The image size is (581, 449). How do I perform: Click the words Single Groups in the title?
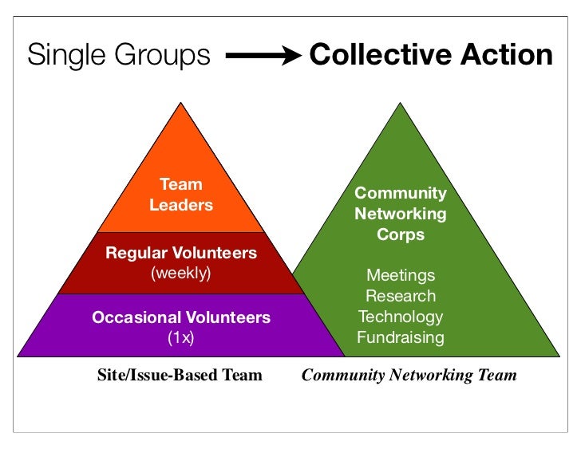(x=119, y=56)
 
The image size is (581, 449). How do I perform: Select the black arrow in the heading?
(x=263, y=56)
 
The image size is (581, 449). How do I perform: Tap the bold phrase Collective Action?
(x=430, y=55)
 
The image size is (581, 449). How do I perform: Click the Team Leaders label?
(x=181, y=195)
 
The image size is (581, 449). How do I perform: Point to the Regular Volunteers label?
(x=181, y=254)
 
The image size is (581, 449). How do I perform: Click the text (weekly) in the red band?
(x=181, y=274)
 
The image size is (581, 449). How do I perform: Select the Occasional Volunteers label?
(x=181, y=317)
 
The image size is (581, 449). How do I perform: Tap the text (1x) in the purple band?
(x=181, y=337)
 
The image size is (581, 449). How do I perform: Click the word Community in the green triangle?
(x=401, y=193)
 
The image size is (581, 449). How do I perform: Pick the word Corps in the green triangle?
(x=401, y=235)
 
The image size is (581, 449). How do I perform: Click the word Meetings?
(x=401, y=275)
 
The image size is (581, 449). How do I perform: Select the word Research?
(x=401, y=296)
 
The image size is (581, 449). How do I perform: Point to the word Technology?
(x=401, y=317)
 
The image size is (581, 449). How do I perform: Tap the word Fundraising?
(x=401, y=337)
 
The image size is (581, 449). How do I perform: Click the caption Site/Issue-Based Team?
(x=180, y=375)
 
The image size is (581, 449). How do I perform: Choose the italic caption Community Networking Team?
(x=409, y=375)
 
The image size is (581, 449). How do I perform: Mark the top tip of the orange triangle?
(x=182, y=104)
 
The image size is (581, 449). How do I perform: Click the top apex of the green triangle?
(x=401, y=104)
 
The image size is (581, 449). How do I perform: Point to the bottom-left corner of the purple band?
(x=19, y=355)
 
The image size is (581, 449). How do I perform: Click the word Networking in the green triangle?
(x=401, y=214)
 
